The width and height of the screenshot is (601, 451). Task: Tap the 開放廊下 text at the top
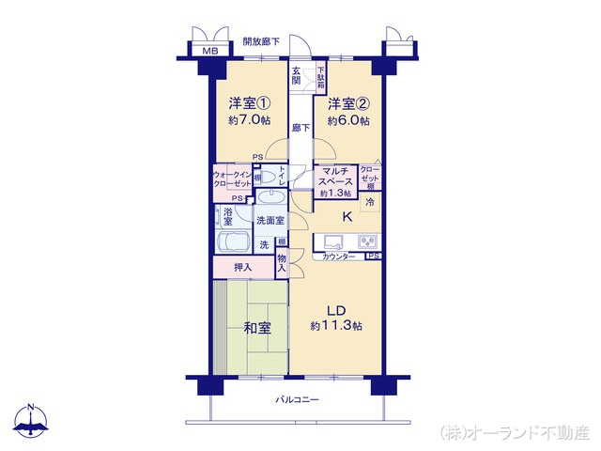point(262,41)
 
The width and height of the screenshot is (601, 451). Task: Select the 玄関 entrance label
point(297,76)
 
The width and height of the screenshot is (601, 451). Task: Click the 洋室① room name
point(249,103)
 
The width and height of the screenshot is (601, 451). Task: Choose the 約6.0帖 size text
point(348,121)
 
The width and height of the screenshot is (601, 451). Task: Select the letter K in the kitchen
point(347,218)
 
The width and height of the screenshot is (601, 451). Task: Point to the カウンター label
point(338,257)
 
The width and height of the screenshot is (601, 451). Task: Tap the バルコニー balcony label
point(297,400)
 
